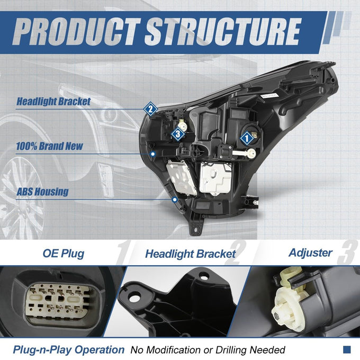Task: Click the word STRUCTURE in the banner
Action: coord(223,32)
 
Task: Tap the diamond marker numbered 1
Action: coord(247,139)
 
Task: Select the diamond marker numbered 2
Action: coord(150,109)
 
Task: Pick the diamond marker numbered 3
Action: coord(178,134)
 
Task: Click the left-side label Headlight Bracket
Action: coord(53,102)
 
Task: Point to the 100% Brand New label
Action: coord(49,146)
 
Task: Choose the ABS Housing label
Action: coord(42,192)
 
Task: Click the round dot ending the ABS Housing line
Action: coord(175,200)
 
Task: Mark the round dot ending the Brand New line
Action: coord(153,154)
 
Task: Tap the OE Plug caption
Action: coord(64,254)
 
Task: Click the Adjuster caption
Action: coord(311,253)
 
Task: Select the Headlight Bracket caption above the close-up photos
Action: coord(191,254)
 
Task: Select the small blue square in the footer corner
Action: coord(347,349)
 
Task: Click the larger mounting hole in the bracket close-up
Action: coord(134,298)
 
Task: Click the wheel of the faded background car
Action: coord(22,197)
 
